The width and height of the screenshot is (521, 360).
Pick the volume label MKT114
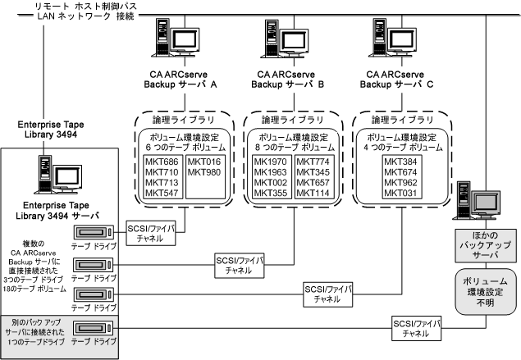(313, 193)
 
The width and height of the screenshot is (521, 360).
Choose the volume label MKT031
(401, 193)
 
